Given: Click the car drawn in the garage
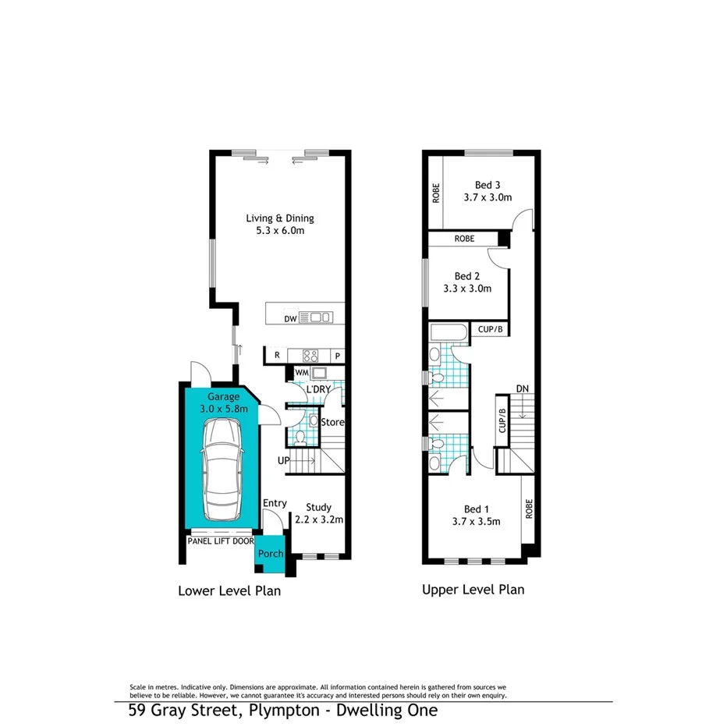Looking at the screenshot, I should (221, 471).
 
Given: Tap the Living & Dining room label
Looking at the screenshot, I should (280, 218).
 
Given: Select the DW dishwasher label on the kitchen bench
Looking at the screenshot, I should (290, 318).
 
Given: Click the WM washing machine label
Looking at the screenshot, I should (302, 374).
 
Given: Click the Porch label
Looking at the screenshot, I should (271, 554).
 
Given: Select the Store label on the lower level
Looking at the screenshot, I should (333, 422).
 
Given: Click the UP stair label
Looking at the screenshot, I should (284, 461).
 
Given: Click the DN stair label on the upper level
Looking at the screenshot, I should (523, 389).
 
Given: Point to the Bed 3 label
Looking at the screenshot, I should (488, 185).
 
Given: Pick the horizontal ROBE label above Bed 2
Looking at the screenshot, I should (464, 238).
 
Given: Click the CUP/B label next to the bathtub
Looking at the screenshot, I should (491, 330).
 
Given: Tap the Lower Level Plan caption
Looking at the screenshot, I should (229, 590).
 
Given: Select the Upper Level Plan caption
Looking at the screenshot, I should (473, 590).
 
